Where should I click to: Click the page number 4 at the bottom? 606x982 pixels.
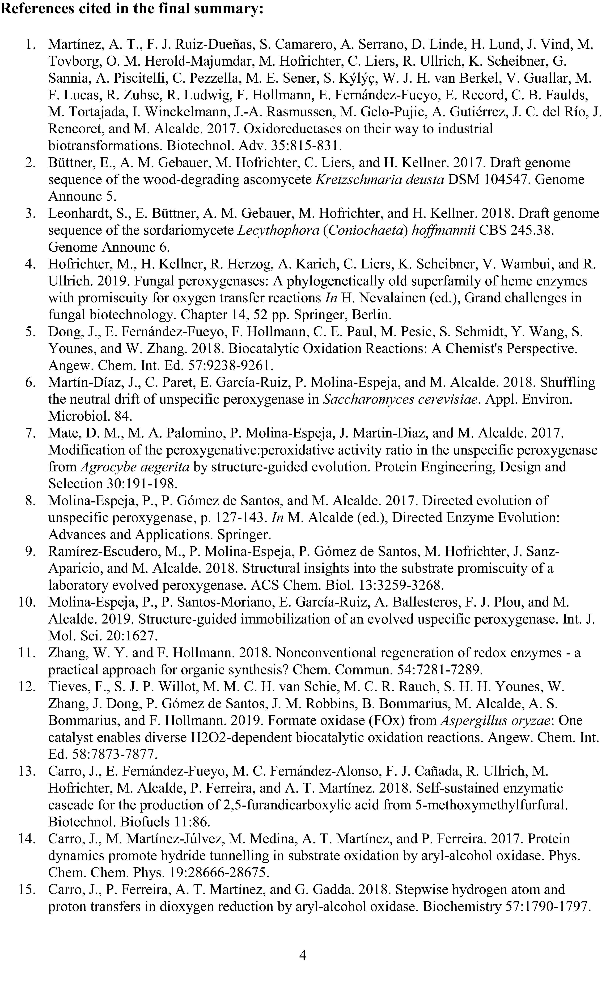point(303,956)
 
